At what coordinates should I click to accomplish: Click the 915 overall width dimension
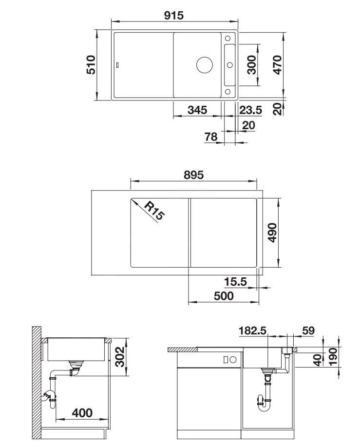coord(173,15)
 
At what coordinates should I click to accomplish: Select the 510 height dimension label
coord(91,65)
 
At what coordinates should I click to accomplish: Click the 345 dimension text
coord(197,110)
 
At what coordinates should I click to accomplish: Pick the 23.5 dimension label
coord(250,110)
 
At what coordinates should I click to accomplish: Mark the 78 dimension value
coord(210,137)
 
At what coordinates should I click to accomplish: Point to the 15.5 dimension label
coord(235,282)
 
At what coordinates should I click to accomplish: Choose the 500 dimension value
coord(224,296)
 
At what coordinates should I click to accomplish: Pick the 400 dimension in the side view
coord(82,413)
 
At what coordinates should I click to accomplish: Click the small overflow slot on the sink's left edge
coord(117,65)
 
